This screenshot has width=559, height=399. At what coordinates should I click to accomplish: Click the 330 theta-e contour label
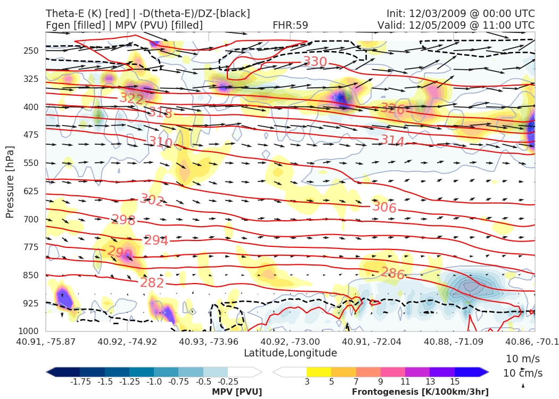pyautogui.click(x=315, y=62)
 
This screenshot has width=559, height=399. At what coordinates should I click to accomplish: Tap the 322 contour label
pyautogui.click(x=131, y=98)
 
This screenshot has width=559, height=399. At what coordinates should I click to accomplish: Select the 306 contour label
pyautogui.click(x=384, y=207)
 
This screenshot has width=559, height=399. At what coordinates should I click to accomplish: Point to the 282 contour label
pyautogui.click(x=152, y=283)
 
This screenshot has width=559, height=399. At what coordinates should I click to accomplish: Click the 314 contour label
pyautogui.click(x=392, y=141)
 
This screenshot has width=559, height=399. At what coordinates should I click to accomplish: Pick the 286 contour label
pyautogui.click(x=392, y=274)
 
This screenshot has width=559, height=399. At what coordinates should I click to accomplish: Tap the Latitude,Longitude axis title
pyautogui.click(x=290, y=353)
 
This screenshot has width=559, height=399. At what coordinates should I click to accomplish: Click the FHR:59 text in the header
pyautogui.click(x=290, y=26)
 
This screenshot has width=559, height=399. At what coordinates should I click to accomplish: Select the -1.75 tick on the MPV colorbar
pyautogui.click(x=80, y=381)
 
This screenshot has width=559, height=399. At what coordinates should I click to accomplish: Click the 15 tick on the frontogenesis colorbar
pyautogui.click(x=454, y=381)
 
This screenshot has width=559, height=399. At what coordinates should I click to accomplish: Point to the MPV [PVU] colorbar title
pyautogui.click(x=237, y=392)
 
